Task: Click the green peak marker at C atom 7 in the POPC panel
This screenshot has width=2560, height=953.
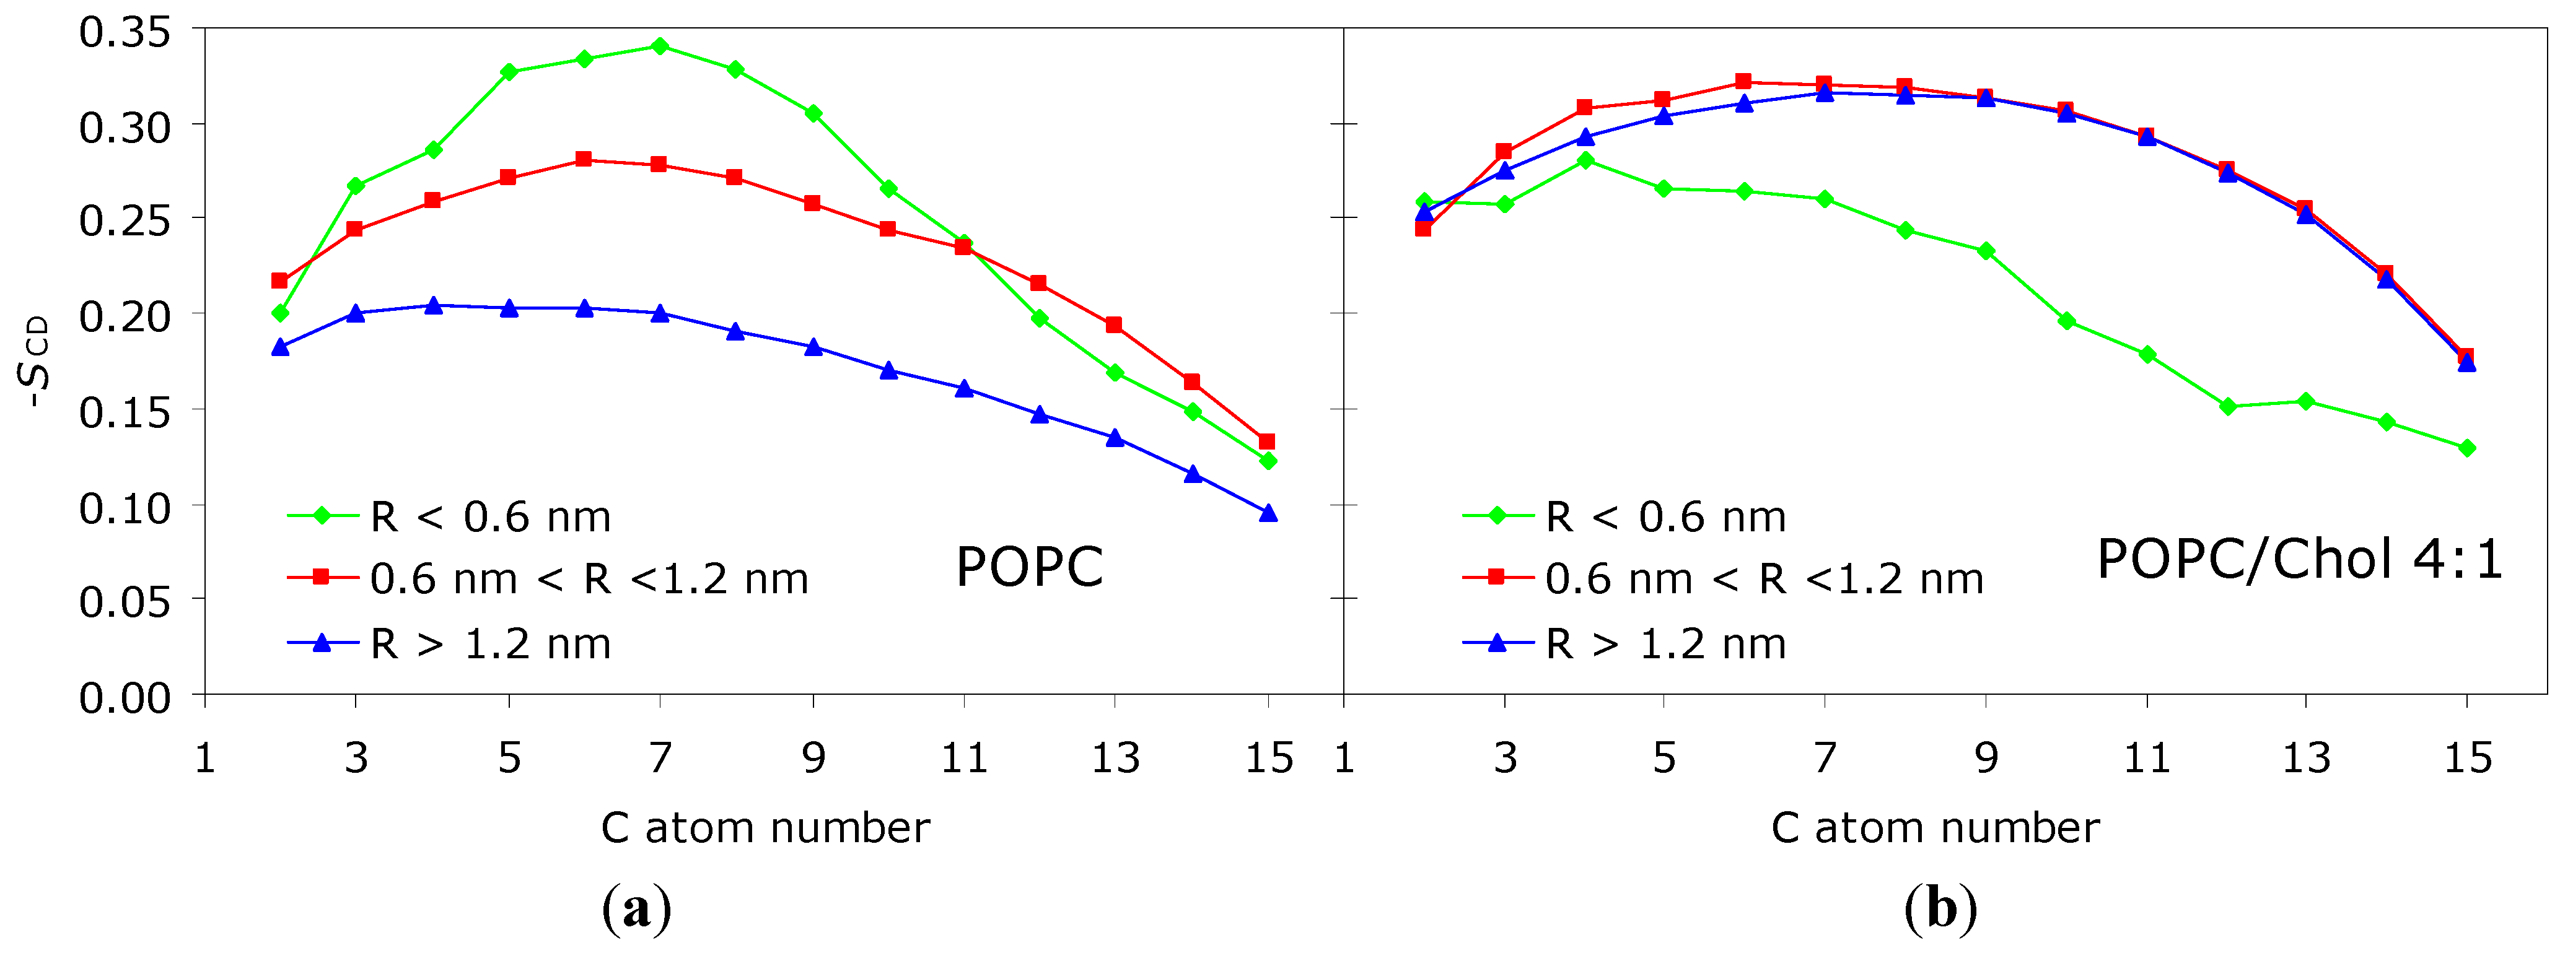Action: tap(660, 46)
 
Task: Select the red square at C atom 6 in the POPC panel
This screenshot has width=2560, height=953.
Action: tap(584, 159)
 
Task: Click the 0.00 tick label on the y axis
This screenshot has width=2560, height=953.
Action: tap(125, 698)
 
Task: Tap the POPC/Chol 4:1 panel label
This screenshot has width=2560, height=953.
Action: tap(2299, 560)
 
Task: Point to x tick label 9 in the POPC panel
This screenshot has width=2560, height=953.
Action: tap(814, 758)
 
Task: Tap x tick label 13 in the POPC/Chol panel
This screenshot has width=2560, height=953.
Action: tap(2305, 758)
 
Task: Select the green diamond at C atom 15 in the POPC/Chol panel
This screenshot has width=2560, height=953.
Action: tap(2466, 448)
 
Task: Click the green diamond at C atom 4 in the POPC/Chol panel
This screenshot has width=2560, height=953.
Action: tap(1585, 160)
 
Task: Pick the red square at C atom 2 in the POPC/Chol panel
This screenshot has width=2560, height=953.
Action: tap(1423, 228)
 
